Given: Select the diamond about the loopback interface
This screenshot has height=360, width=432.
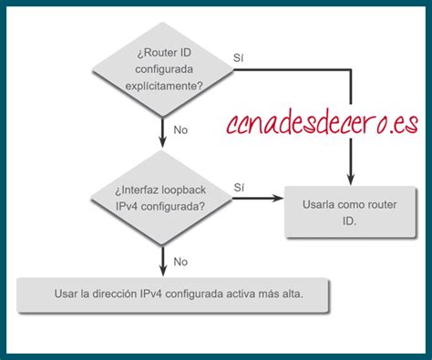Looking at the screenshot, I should pos(162,198).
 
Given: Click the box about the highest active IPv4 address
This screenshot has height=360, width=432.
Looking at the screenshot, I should pos(173,295).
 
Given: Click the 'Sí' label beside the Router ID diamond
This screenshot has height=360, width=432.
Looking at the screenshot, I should pos(239,57).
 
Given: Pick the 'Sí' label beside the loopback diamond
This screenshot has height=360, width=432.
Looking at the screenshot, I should pos(239,188).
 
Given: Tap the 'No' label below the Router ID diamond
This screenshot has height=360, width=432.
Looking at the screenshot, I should pos(180,130).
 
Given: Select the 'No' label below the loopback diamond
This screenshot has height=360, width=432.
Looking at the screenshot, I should pos(180,262).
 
